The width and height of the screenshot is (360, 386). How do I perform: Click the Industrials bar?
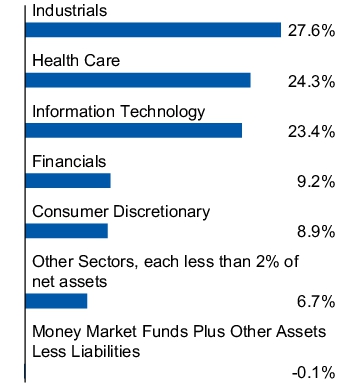pyautogui.click(x=152, y=30)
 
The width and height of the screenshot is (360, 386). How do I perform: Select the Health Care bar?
pyautogui.click(x=137, y=80)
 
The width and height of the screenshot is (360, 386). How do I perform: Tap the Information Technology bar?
pyautogui.click(x=133, y=130)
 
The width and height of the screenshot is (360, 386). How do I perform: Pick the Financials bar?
pyautogui.click(x=67, y=180)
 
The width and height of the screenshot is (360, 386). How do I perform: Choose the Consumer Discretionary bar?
pyautogui.click(x=66, y=230)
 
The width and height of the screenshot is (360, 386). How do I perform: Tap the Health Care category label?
pyautogui.click(x=76, y=61)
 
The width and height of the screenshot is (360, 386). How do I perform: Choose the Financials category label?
pyautogui.click(x=69, y=161)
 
